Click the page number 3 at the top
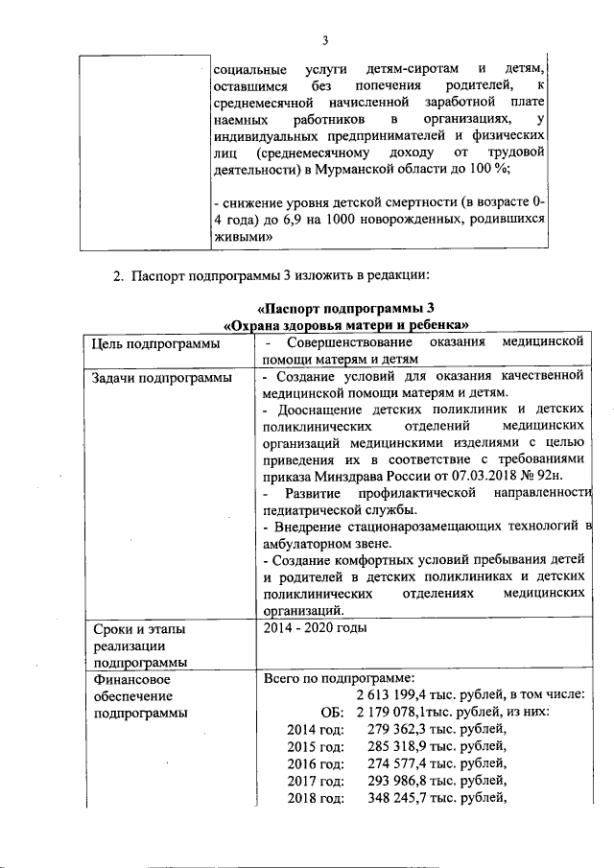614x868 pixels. pyautogui.click(x=325, y=39)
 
